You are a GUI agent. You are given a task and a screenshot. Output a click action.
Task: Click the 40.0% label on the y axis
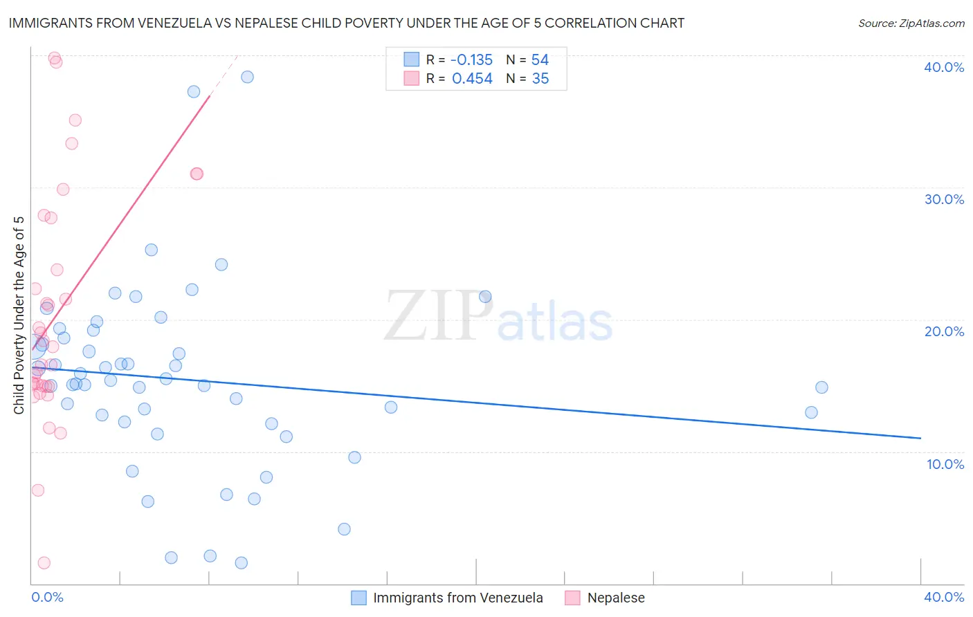coord(944,67)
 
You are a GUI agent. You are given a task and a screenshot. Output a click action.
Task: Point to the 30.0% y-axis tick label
coord(944,199)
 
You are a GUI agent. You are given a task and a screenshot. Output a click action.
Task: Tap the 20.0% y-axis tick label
coord(944,331)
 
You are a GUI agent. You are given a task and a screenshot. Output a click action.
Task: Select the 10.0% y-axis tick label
coord(945,464)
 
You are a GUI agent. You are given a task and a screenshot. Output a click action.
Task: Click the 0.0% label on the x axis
coord(47,597)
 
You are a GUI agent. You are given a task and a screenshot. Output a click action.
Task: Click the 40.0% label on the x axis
coord(944,597)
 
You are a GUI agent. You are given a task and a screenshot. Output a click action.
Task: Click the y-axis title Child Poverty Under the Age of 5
coord(19,315)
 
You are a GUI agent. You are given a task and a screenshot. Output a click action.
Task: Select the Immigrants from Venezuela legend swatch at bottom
coord(358,598)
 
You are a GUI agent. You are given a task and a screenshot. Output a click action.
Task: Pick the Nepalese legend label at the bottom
coord(616,598)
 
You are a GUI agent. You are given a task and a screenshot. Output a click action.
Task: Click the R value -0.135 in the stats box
coord(471,60)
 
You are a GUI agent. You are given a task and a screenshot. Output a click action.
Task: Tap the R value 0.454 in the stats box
coord(472,79)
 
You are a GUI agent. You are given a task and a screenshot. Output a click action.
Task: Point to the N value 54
coord(540,60)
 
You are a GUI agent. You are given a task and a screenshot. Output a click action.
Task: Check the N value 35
coord(540,79)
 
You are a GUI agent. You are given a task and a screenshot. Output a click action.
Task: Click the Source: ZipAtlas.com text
coord(911,24)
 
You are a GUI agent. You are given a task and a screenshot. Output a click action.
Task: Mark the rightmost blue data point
coord(821,387)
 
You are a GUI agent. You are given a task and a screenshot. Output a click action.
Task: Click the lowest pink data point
coord(44,563)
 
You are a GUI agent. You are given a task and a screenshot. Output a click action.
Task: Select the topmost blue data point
coord(247,77)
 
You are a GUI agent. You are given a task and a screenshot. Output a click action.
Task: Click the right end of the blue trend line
coord(920,438)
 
